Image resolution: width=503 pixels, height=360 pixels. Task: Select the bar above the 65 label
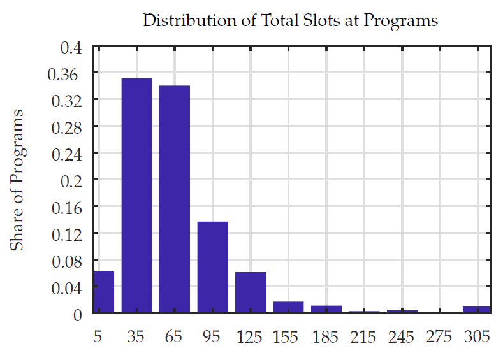click(174, 199)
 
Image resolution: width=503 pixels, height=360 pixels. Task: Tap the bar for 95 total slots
click(212, 267)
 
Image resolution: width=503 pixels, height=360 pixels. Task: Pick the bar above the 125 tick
click(250, 292)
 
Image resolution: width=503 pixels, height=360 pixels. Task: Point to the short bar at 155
click(288, 307)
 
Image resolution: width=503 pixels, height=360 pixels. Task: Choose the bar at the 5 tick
click(103, 292)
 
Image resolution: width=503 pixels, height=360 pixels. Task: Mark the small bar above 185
click(326, 309)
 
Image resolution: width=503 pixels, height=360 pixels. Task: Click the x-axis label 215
click(364, 336)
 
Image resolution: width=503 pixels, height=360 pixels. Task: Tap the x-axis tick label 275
click(440, 336)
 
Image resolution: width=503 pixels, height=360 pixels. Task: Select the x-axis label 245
click(402, 336)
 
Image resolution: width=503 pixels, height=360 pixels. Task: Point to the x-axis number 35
click(136, 336)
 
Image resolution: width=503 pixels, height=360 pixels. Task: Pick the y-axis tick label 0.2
click(71, 180)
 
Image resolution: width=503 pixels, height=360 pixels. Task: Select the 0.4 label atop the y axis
click(71, 47)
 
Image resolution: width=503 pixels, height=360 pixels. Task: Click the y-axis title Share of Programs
click(18, 180)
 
